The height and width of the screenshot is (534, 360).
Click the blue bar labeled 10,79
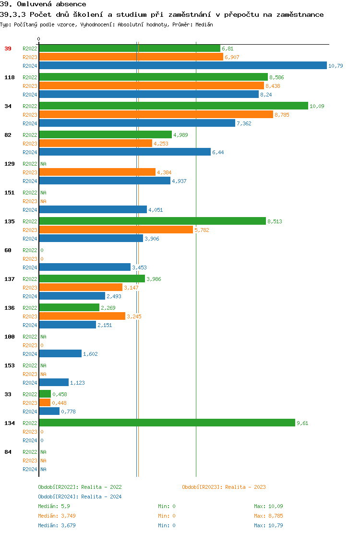pos(182,66)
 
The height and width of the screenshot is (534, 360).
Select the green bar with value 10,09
pos(173,106)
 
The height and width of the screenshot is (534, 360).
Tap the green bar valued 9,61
pos(167,423)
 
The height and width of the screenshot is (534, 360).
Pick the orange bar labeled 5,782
pos(116,230)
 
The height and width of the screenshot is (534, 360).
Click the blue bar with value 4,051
pos(93,210)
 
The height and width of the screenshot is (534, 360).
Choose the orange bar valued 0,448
pos(45,403)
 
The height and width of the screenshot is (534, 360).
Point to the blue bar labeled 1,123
pos(54,383)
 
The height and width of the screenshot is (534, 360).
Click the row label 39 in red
pos(8,49)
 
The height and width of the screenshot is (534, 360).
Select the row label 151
pos(9,193)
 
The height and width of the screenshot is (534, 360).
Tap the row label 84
pos(8,452)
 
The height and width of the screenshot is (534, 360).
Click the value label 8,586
pos(277,77)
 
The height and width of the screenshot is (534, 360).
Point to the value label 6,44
pos(218,152)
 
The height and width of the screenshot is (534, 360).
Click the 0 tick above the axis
pos(39,39)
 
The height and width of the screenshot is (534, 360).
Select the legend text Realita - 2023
pos(245,487)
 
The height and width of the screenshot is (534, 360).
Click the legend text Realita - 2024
pos(101,497)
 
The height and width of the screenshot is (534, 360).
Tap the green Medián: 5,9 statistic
pos(54,506)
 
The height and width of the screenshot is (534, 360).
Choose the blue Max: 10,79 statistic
pos(268,525)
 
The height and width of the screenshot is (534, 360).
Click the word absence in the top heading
pos(72,4)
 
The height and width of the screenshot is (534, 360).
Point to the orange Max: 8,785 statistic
pos(268,516)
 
